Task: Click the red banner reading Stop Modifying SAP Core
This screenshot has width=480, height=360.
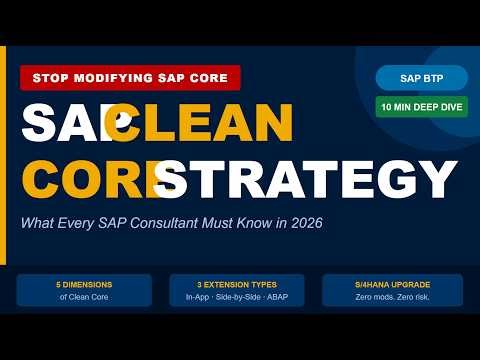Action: pyautogui.click(x=131, y=77)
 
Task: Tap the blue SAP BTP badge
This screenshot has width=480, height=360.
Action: pyautogui.click(x=422, y=78)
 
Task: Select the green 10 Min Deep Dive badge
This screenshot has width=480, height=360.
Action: pyautogui.click(x=422, y=106)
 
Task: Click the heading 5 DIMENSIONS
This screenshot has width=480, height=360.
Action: pyautogui.click(x=84, y=284)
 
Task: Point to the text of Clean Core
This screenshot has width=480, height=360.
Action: pyautogui.click(x=84, y=296)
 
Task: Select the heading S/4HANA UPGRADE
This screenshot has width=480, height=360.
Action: pyautogui.click(x=392, y=284)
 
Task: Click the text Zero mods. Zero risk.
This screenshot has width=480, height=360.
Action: pyautogui.click(x=392, y=296)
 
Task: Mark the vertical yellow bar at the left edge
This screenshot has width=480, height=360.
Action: pyautogui.click(x=3, y=150)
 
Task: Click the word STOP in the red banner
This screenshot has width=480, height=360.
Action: pyautogui.click(x=50, y=77)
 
